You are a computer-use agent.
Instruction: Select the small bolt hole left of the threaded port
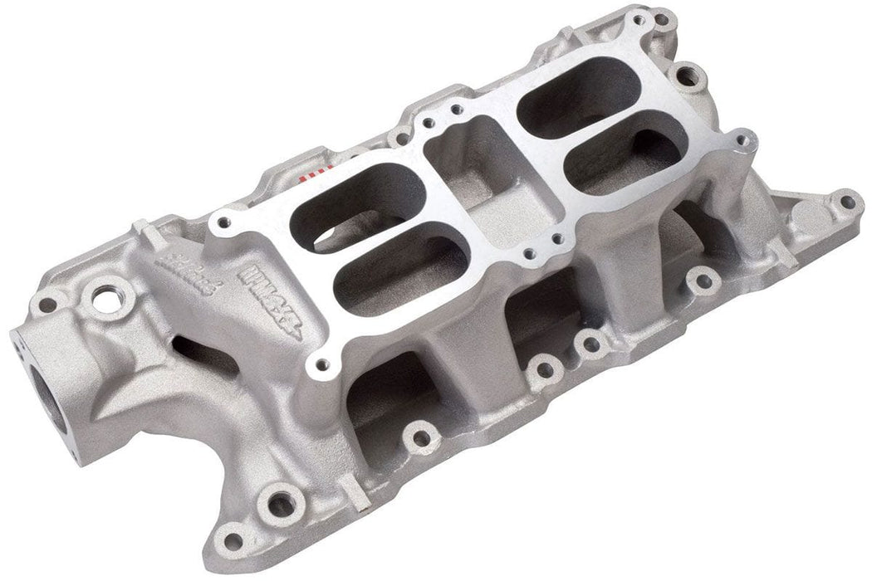[x=48, y=305]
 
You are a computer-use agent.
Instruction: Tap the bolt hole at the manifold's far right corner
[x=845, y=200]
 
